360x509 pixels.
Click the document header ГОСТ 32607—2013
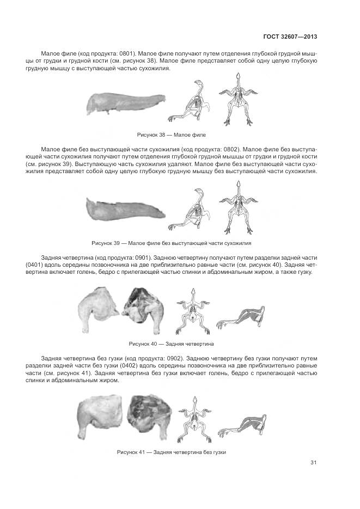(290, 37)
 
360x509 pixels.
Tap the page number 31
(313, 463)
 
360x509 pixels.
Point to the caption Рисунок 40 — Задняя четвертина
(171, 344)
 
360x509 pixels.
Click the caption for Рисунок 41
(171, 452)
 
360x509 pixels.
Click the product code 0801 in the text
(125, 54)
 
